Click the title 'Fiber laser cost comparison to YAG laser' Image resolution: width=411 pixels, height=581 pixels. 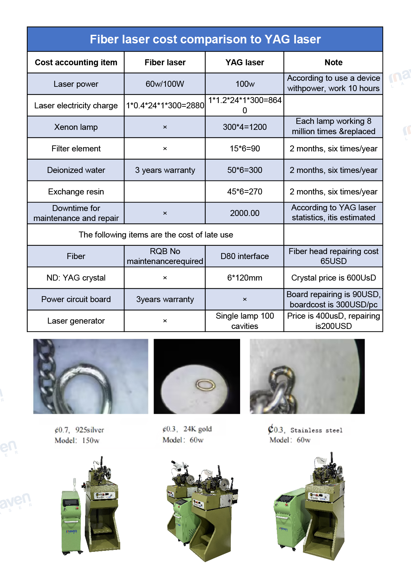click(x=205, y=39)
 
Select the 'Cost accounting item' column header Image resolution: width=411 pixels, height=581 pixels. click(x=76, y=63)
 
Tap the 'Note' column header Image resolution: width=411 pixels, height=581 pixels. click(x=333, y=63)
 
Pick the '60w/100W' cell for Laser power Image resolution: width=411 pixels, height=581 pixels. click(x=165, y=84)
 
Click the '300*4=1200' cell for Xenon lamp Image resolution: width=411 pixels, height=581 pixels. click(x=244, y=127)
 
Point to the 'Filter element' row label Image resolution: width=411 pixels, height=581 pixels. click(x=76, y=149)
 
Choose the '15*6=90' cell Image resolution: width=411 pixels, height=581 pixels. click(x=244, y=149)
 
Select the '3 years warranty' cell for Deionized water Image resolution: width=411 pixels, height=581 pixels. click(x=165, y=170)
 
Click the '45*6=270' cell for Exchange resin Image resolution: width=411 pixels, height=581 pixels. click(x=244, y=192)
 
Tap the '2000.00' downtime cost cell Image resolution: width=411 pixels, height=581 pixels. click(x=244, y=213)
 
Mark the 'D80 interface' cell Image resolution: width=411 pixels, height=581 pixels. click(x=244, y=256)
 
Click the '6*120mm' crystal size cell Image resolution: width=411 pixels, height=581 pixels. click(x=244, y=278)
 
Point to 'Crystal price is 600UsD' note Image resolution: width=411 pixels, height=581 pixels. click(x=333, y=278)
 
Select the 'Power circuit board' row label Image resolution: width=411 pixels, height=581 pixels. click(x=76, y=299)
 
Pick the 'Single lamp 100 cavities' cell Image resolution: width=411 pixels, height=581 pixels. click(x=244, y=321)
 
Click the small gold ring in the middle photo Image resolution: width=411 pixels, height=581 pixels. click(x=206, y=385)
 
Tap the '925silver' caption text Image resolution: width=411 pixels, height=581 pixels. click(x=89, y=430)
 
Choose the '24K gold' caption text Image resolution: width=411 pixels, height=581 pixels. click(x=197, y=429)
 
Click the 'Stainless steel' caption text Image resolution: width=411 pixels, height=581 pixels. click(x=316, y=430)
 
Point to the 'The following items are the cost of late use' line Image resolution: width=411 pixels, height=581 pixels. click(x=156, y=235)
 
